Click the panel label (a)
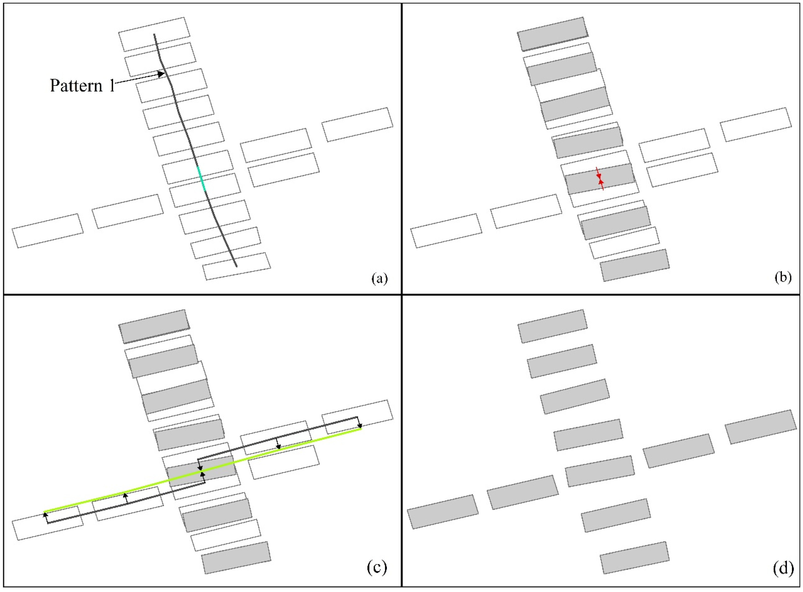point(380,278)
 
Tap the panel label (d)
point(782,568)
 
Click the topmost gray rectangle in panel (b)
point(552,34)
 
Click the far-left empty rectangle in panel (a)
point(48,231)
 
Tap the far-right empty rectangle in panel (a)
point(357,125)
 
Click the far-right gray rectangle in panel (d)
point(760,427)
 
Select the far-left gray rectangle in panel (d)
point(443,512)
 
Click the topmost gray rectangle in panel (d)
point(552,326)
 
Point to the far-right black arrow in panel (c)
point(359,423)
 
